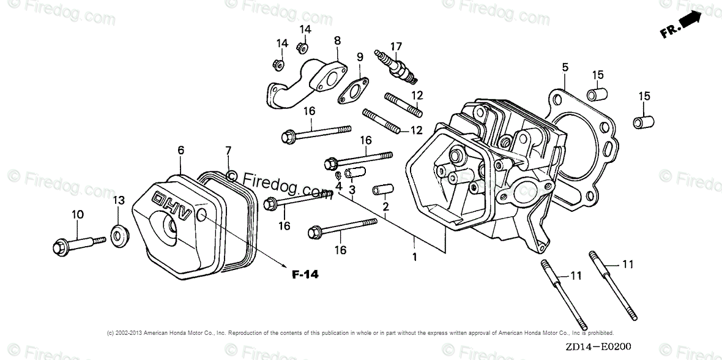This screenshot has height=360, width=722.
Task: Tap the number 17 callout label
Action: click(x=396, y=46)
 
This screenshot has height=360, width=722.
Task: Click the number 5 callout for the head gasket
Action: click(x=565, y=67)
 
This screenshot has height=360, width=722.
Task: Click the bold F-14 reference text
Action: click(x=305, y=274)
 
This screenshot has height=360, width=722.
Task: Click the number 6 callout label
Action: click(x=180, y=150)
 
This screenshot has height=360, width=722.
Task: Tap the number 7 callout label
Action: click(x=228, y=150)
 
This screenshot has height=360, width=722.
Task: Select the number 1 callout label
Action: click(x=414, y=257)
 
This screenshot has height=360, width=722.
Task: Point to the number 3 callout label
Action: click(x=352, y=190)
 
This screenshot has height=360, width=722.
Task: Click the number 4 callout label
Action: click(x=338, y=186)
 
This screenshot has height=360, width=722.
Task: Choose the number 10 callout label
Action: click(x=77, y=214)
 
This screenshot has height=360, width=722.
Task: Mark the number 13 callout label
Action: click(x=118, y=200)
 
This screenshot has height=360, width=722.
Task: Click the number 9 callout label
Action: click(x=360, y=57)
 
